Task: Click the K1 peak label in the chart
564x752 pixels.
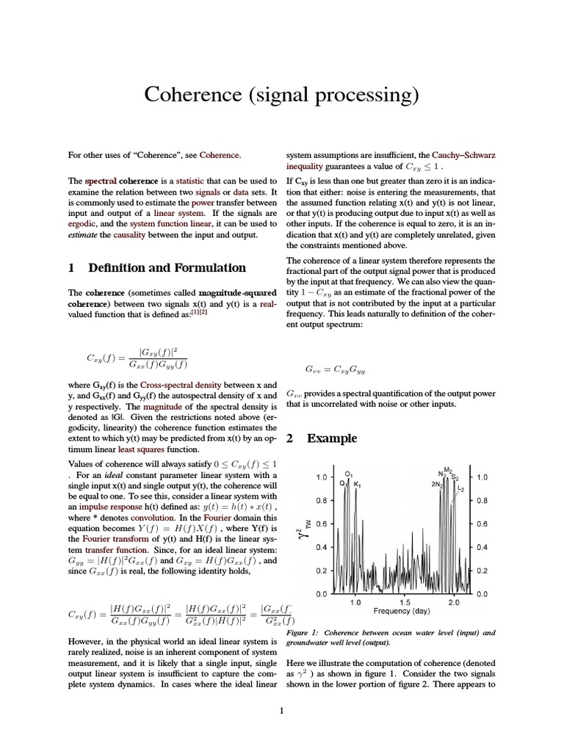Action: click(x=357, y=485)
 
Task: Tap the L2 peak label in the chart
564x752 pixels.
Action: click(x=461, y=488)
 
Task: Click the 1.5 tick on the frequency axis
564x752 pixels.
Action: click(x=405, y=601)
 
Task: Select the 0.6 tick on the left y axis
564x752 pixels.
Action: click(x=320, y=524)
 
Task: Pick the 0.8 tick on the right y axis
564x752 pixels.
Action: click(x=482, y=500)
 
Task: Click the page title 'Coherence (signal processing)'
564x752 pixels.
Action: click(x=281, y=95)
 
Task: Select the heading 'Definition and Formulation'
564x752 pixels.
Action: click(x=167, y=267)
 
